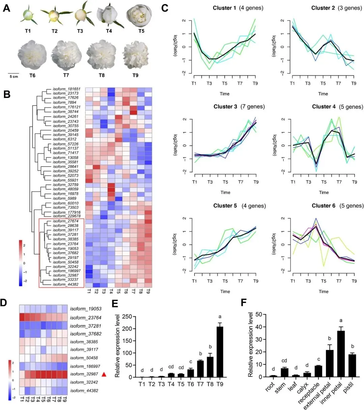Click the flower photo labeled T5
click(141, 14)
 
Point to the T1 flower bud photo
click(28, 14)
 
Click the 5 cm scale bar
click(14, 73)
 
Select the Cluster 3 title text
click(225, 107)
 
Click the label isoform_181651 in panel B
click(66, 89)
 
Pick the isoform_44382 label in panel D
click(86, 391)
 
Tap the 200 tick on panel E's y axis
click(126, 329)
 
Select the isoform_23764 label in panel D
click(86, 318)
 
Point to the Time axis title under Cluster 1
click(224, 94)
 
